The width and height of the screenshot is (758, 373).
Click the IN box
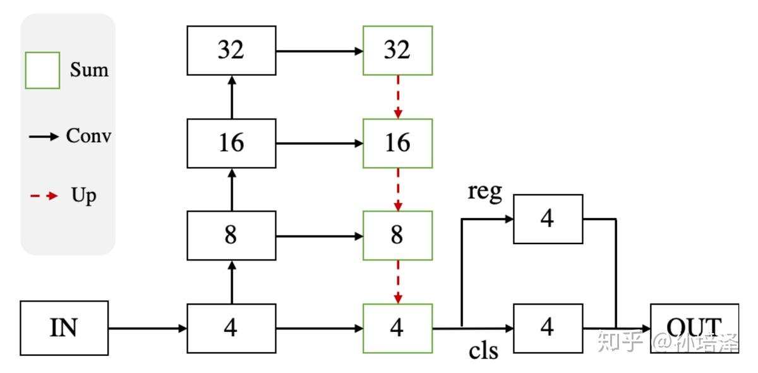(64, 328)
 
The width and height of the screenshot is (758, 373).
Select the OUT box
(694, 328)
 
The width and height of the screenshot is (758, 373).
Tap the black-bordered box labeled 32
(231, 51)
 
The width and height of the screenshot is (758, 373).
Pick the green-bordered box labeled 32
(397, 51)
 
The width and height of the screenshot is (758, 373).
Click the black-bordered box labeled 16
(231, 143)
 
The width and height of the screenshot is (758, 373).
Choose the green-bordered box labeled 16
(397, 143)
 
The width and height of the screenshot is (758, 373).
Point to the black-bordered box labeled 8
(231, 235)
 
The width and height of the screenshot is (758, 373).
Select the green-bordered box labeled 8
(397, 235)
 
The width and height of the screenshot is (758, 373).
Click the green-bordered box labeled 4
(397, 328)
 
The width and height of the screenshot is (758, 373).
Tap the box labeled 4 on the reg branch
(548, 219)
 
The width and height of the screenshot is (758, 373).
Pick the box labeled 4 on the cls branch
(548, 328)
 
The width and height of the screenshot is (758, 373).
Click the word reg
(484, 192)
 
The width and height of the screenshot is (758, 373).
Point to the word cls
(483, 351)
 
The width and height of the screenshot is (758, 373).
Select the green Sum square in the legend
(42, 70)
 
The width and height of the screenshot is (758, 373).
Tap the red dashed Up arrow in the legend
(44, 196)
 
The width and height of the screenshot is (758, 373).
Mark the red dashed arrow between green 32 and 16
(398, 97)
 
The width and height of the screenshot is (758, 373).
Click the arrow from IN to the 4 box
(148, 328)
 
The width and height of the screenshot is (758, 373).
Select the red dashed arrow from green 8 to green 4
(398, 281)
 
